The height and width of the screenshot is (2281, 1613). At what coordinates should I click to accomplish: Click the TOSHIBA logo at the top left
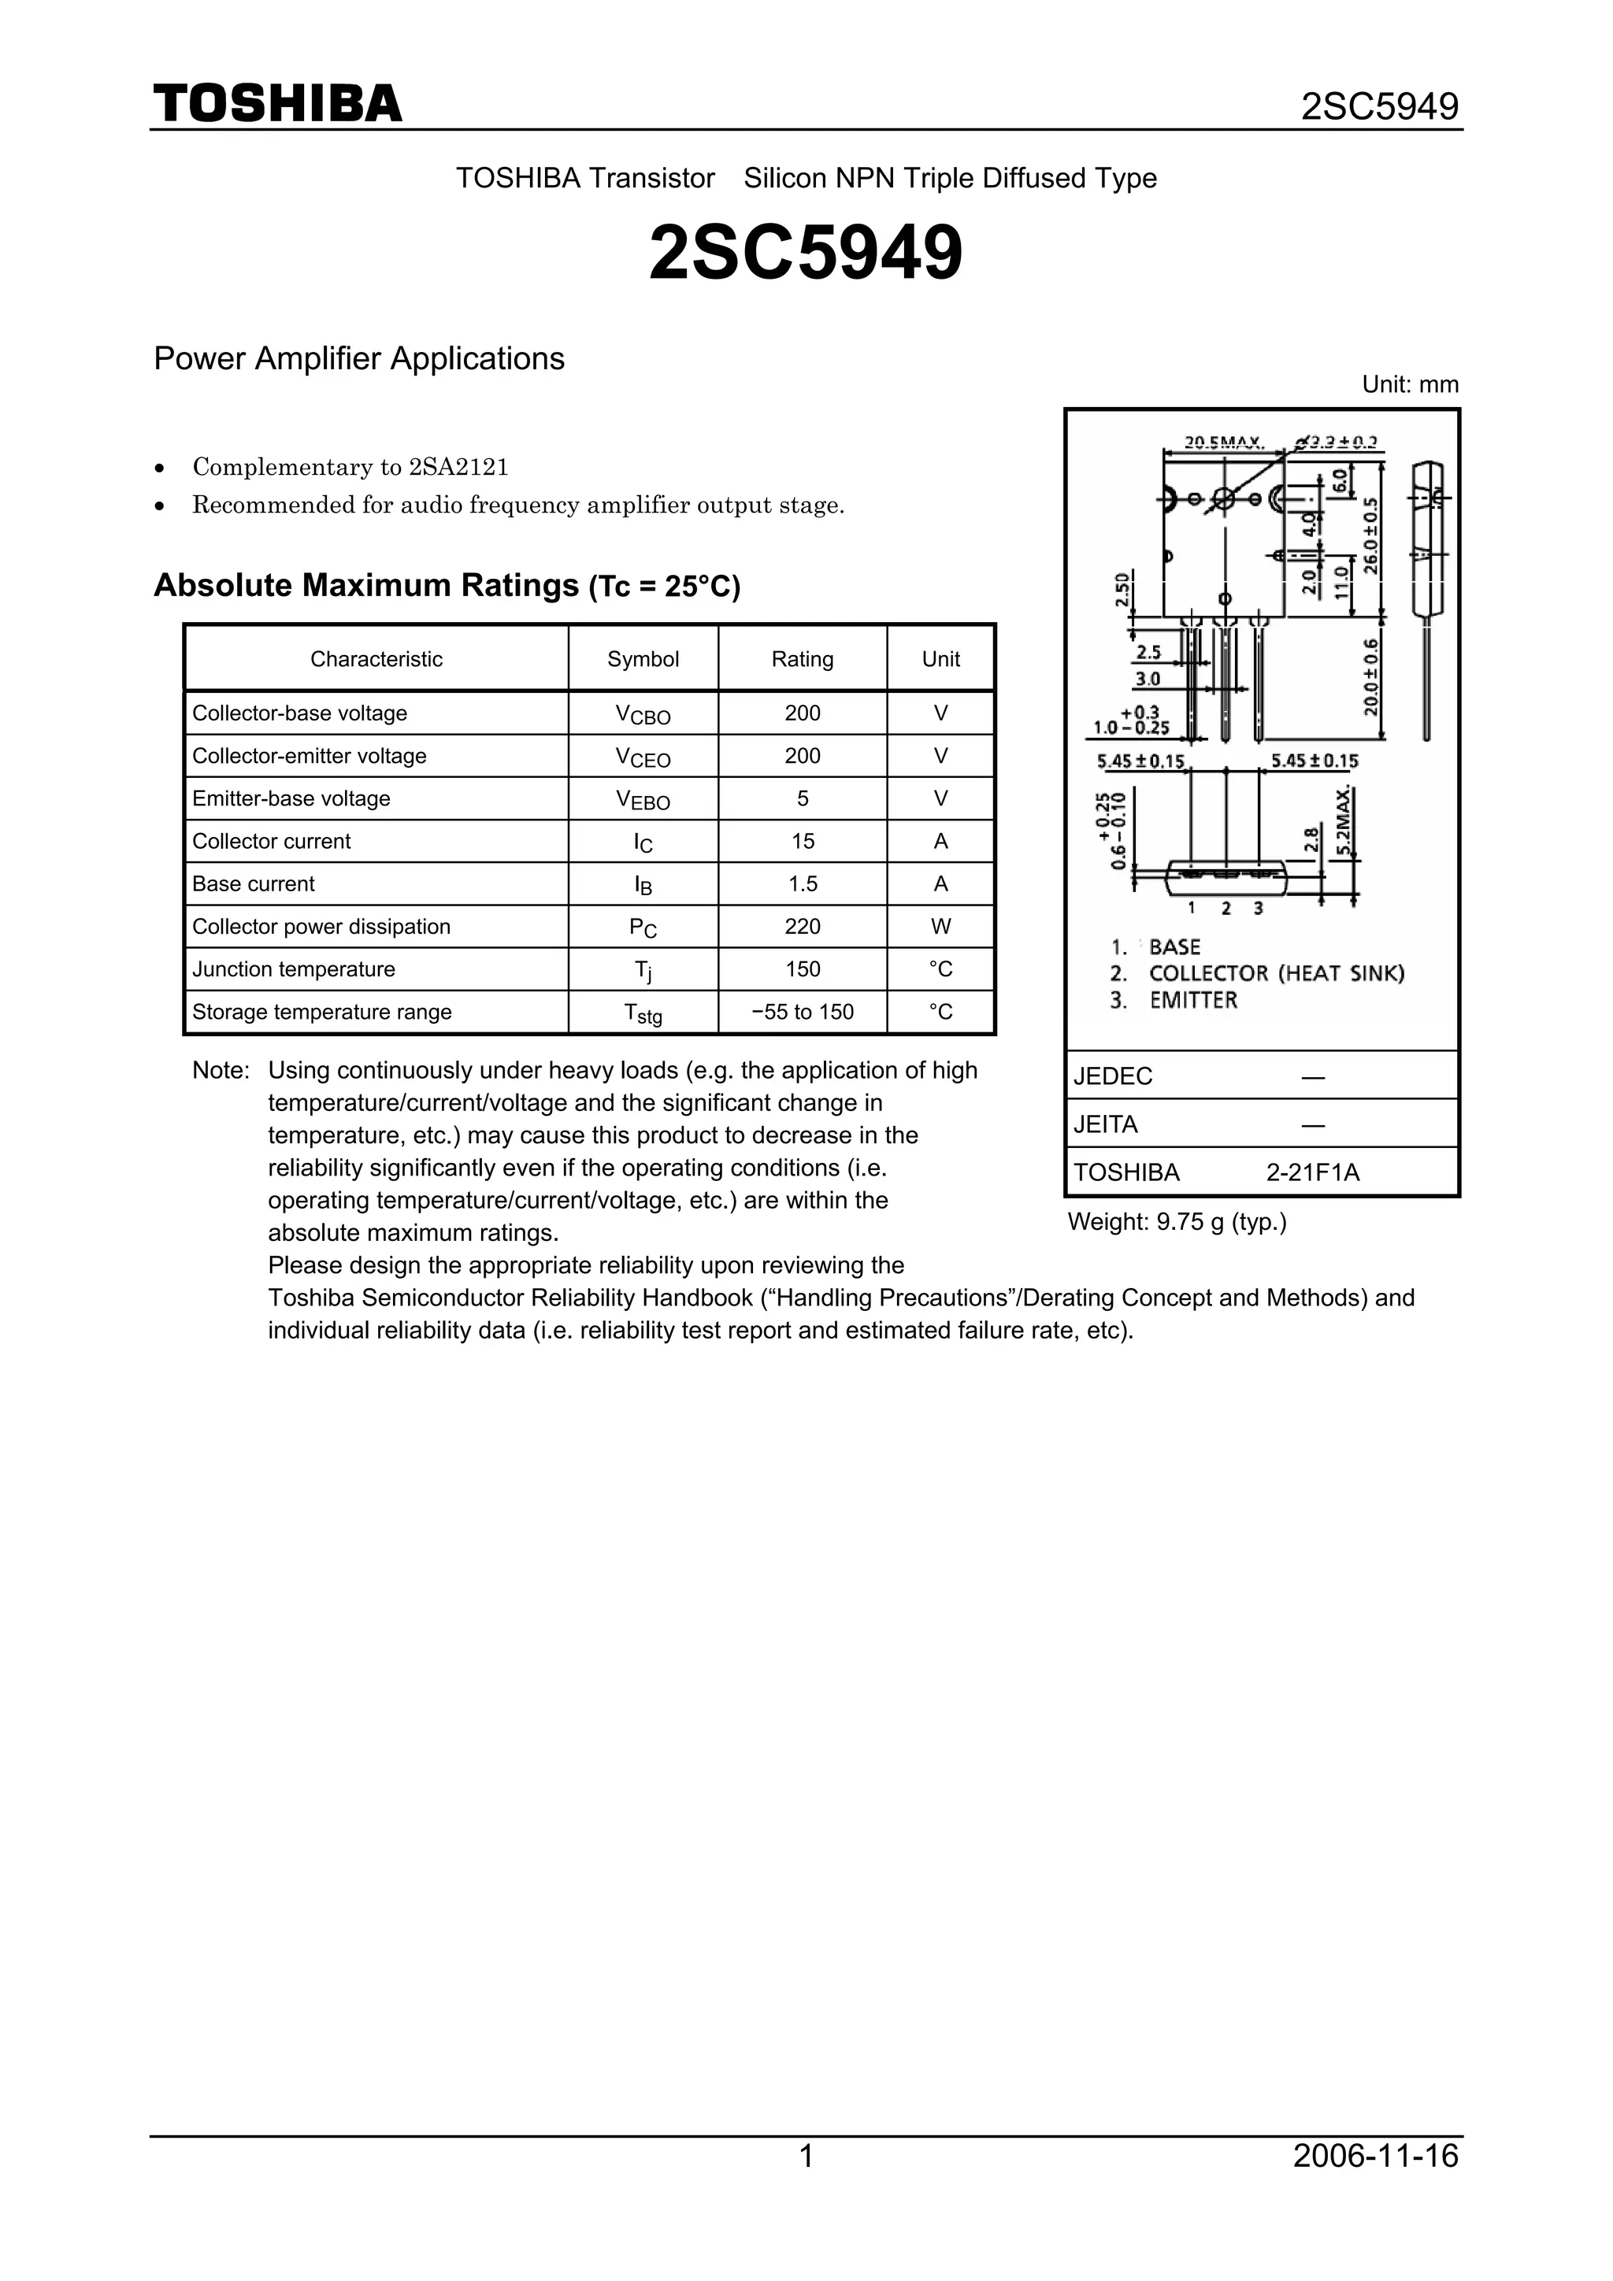pyautogui.click(x=277, y=104)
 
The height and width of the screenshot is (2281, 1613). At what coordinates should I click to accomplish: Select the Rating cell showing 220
pyautogui.click(x=802, y=927)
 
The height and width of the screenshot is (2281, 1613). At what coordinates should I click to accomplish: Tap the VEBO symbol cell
pyautogui.click(x=643, y=800)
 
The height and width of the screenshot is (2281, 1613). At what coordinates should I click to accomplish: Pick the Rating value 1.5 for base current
pyautogui.click(x=802, y=884)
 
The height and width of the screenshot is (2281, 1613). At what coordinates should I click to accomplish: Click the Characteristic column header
pyautogui.click(x=376, y=660)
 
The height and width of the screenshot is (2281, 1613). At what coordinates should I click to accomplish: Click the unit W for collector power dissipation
pyautogui.click(x=940, y=927)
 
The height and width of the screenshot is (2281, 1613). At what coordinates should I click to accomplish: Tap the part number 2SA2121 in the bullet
pyautogui.click(x=458, y=467)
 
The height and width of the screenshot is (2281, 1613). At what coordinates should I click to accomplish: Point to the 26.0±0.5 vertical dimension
pyautogui.click(x=1371, y=536)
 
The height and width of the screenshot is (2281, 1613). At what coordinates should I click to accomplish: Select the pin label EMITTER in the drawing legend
pyautogui.click(x=1192, y=1001)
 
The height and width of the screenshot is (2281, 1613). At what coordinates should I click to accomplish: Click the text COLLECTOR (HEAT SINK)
pyautogui.click(x=1276, y=974)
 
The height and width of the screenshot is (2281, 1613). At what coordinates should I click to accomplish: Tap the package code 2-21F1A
pyautogui.click(x=1312, y=1173)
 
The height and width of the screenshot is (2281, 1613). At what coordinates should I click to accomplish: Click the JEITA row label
pyautogui.click(x=1105, y=1124)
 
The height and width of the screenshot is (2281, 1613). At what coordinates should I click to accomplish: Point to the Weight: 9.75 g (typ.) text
pyautogui.click(x=1177, y=1223)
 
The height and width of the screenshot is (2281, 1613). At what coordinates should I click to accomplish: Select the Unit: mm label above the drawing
pyautogui.click(x=1409, y=384)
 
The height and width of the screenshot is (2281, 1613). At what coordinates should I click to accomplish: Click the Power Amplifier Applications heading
pyautogui.click(x=359, y=358)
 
